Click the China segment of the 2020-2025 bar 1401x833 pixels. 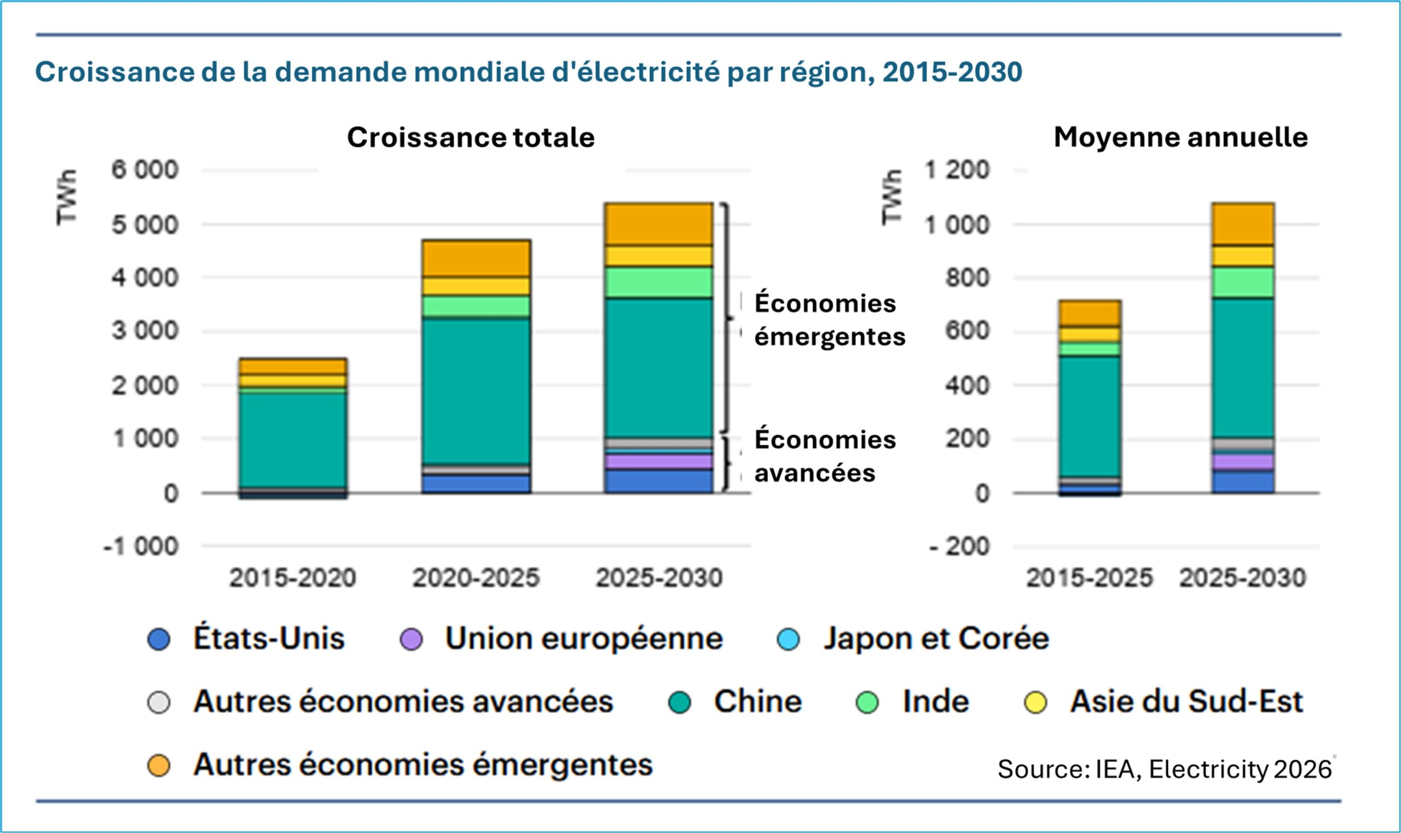tap(476, 391)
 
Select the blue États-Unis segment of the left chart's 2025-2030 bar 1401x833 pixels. tap(658, 482)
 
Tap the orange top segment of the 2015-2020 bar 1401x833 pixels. tap(292, 366)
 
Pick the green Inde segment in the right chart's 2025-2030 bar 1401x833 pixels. tap(1243, 282)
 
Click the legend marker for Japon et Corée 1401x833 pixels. tap(789, 639)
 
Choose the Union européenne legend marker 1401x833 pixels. tap(411, 639)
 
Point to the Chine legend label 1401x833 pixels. tap(757, 702)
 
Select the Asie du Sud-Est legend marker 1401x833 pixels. tap(1035, 702)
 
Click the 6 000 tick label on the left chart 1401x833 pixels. tap(145, 170)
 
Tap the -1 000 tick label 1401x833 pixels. tap(141, 546)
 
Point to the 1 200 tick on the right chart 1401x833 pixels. tap(957, 170)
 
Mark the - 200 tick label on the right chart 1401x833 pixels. tap(959, 546)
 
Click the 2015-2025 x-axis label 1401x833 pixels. tap(1090, 577)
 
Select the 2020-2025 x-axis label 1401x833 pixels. tap(476, 577)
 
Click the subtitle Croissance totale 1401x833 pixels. tap(470, 137)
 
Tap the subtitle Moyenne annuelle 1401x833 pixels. tap(1180, 137)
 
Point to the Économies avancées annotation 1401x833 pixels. tap(825, 456)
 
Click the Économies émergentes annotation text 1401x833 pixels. tap(829, 320)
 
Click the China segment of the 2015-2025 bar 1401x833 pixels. tap(1090, 416)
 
